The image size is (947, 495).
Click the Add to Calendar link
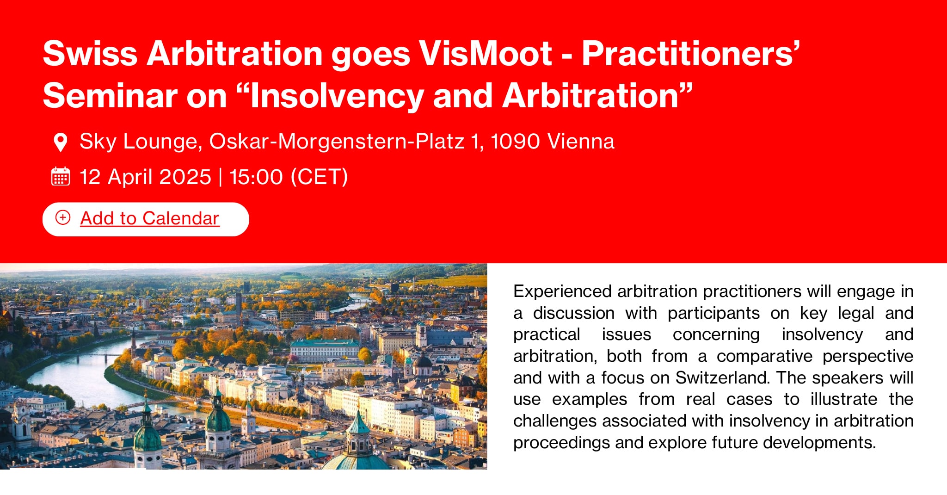click(149, 218)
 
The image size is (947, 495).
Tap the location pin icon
click(61, 142)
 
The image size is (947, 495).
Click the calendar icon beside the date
click(61, 177)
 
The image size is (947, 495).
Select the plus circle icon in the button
click(63, 217)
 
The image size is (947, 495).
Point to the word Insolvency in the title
click(336, 96)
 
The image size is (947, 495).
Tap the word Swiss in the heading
click(90, 54)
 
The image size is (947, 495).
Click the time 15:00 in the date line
click(256, 177)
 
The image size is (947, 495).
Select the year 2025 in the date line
click(185, 177)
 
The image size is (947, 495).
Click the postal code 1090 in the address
click(515, 142)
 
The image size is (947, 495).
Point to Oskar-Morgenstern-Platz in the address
click(337, 142)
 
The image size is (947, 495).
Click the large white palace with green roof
click(325, 351)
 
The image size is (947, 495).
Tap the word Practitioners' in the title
click(691, 54)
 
